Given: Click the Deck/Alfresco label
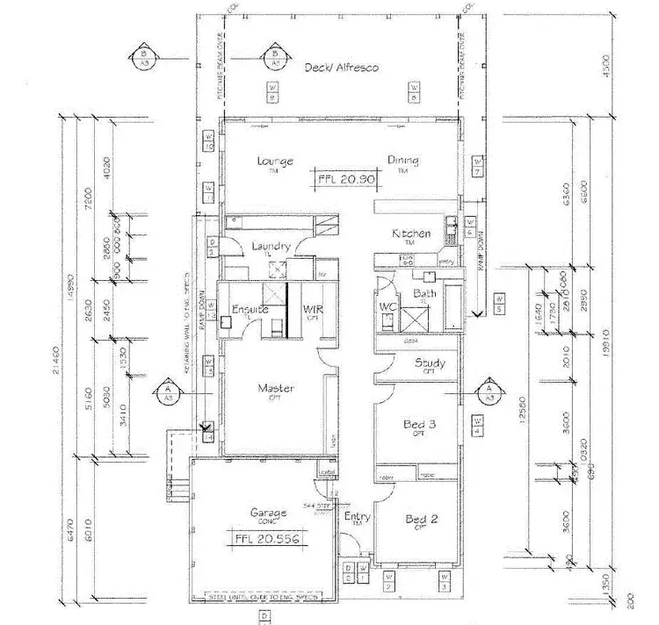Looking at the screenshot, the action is click(342, 68).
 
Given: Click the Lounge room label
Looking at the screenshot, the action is click(275, 162).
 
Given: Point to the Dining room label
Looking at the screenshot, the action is click(402, 161).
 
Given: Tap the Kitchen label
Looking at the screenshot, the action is click(410, 233).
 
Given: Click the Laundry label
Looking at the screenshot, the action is click(270, 248).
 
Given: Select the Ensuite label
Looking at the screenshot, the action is click(250, 309).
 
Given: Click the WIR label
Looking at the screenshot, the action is click(313, 309).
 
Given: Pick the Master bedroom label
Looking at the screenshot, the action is click(275, 388).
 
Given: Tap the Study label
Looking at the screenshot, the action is click(429, 363).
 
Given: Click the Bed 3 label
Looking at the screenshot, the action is click(420, 426).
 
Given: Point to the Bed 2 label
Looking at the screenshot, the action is click(422, 520).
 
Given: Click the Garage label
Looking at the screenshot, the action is click(269, 513).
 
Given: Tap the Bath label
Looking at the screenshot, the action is click(424, 293).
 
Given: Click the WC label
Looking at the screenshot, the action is click(387, 306).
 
